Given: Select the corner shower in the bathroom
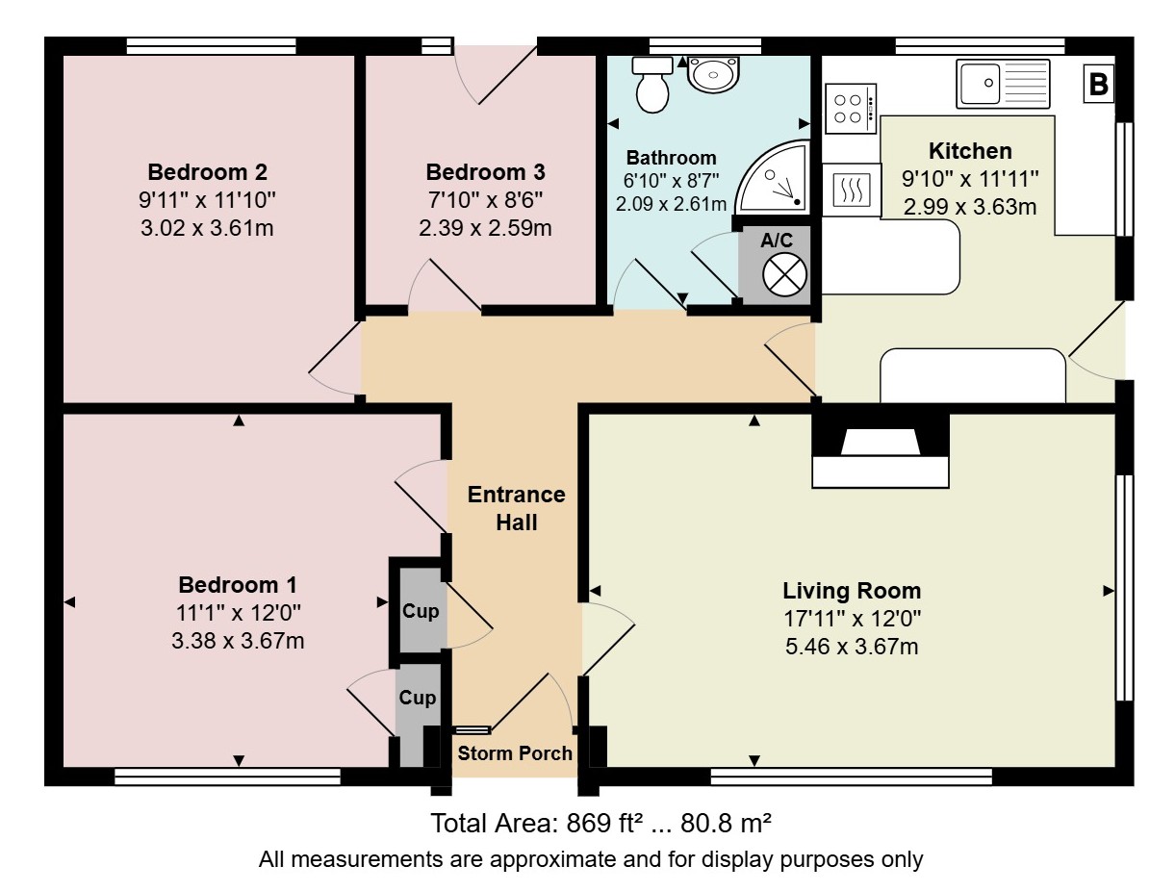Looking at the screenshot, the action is [773, 177].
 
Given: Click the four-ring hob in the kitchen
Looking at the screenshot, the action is [850, 108].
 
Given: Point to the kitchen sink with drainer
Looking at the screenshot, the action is [1003, 84].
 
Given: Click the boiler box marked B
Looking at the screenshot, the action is [1098, 84].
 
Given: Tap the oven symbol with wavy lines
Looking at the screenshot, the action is [851, 190].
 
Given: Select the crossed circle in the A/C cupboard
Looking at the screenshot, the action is [784, 275].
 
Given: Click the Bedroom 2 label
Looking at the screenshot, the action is [207, 172].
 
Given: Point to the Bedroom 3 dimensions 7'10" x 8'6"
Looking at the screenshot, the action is [485, 200].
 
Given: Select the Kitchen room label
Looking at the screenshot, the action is [970, 151].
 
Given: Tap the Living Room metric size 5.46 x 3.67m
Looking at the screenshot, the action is [852, 647].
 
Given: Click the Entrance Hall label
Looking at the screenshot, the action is [516, 508].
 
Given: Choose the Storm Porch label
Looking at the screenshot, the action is [515, 753].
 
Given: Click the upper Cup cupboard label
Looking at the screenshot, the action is [421, 611].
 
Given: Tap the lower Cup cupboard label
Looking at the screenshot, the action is [418, 698].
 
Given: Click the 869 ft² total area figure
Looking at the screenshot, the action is [604, 823].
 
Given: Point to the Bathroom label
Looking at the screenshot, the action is [672, 158].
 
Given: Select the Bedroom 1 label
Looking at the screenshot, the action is [238, 585].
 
